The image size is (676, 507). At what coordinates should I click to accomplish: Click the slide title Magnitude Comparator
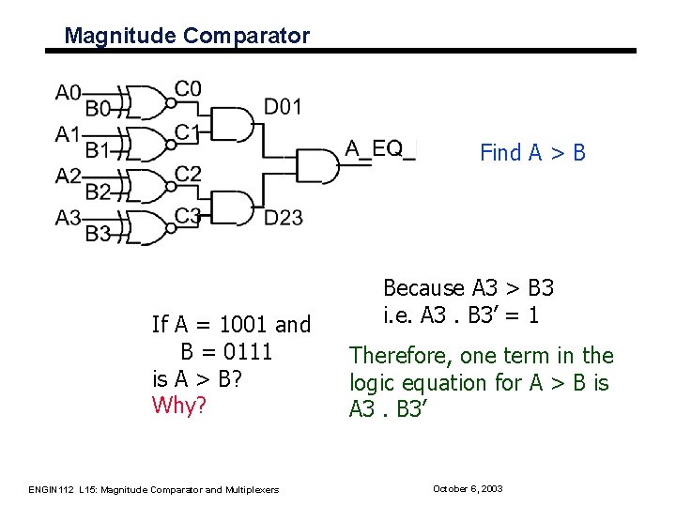coord(186,36)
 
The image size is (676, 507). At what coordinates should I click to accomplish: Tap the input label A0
coord(69,92)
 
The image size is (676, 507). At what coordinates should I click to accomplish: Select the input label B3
coord(98,233)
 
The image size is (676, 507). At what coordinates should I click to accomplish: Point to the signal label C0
coord(188,89)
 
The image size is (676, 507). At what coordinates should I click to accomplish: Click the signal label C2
coord(188,173)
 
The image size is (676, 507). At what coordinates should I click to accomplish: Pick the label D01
coord(283,107)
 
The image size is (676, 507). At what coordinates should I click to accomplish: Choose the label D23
coord(283,218)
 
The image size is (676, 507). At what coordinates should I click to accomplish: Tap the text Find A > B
coord(532,152)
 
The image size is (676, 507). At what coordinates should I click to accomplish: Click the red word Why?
coord(178,406)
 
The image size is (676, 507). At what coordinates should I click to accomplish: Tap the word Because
coord(423,288)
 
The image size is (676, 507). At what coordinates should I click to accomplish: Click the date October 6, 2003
coord(468,489)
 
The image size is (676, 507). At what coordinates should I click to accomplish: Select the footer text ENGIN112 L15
coord(61,489)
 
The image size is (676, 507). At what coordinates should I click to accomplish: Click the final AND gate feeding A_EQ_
coord(316,164)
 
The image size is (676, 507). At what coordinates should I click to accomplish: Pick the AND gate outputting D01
coord(234,122)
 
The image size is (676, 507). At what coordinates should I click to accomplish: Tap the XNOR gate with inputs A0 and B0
coord(145,100)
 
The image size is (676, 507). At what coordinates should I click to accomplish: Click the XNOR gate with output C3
coord(145,227)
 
